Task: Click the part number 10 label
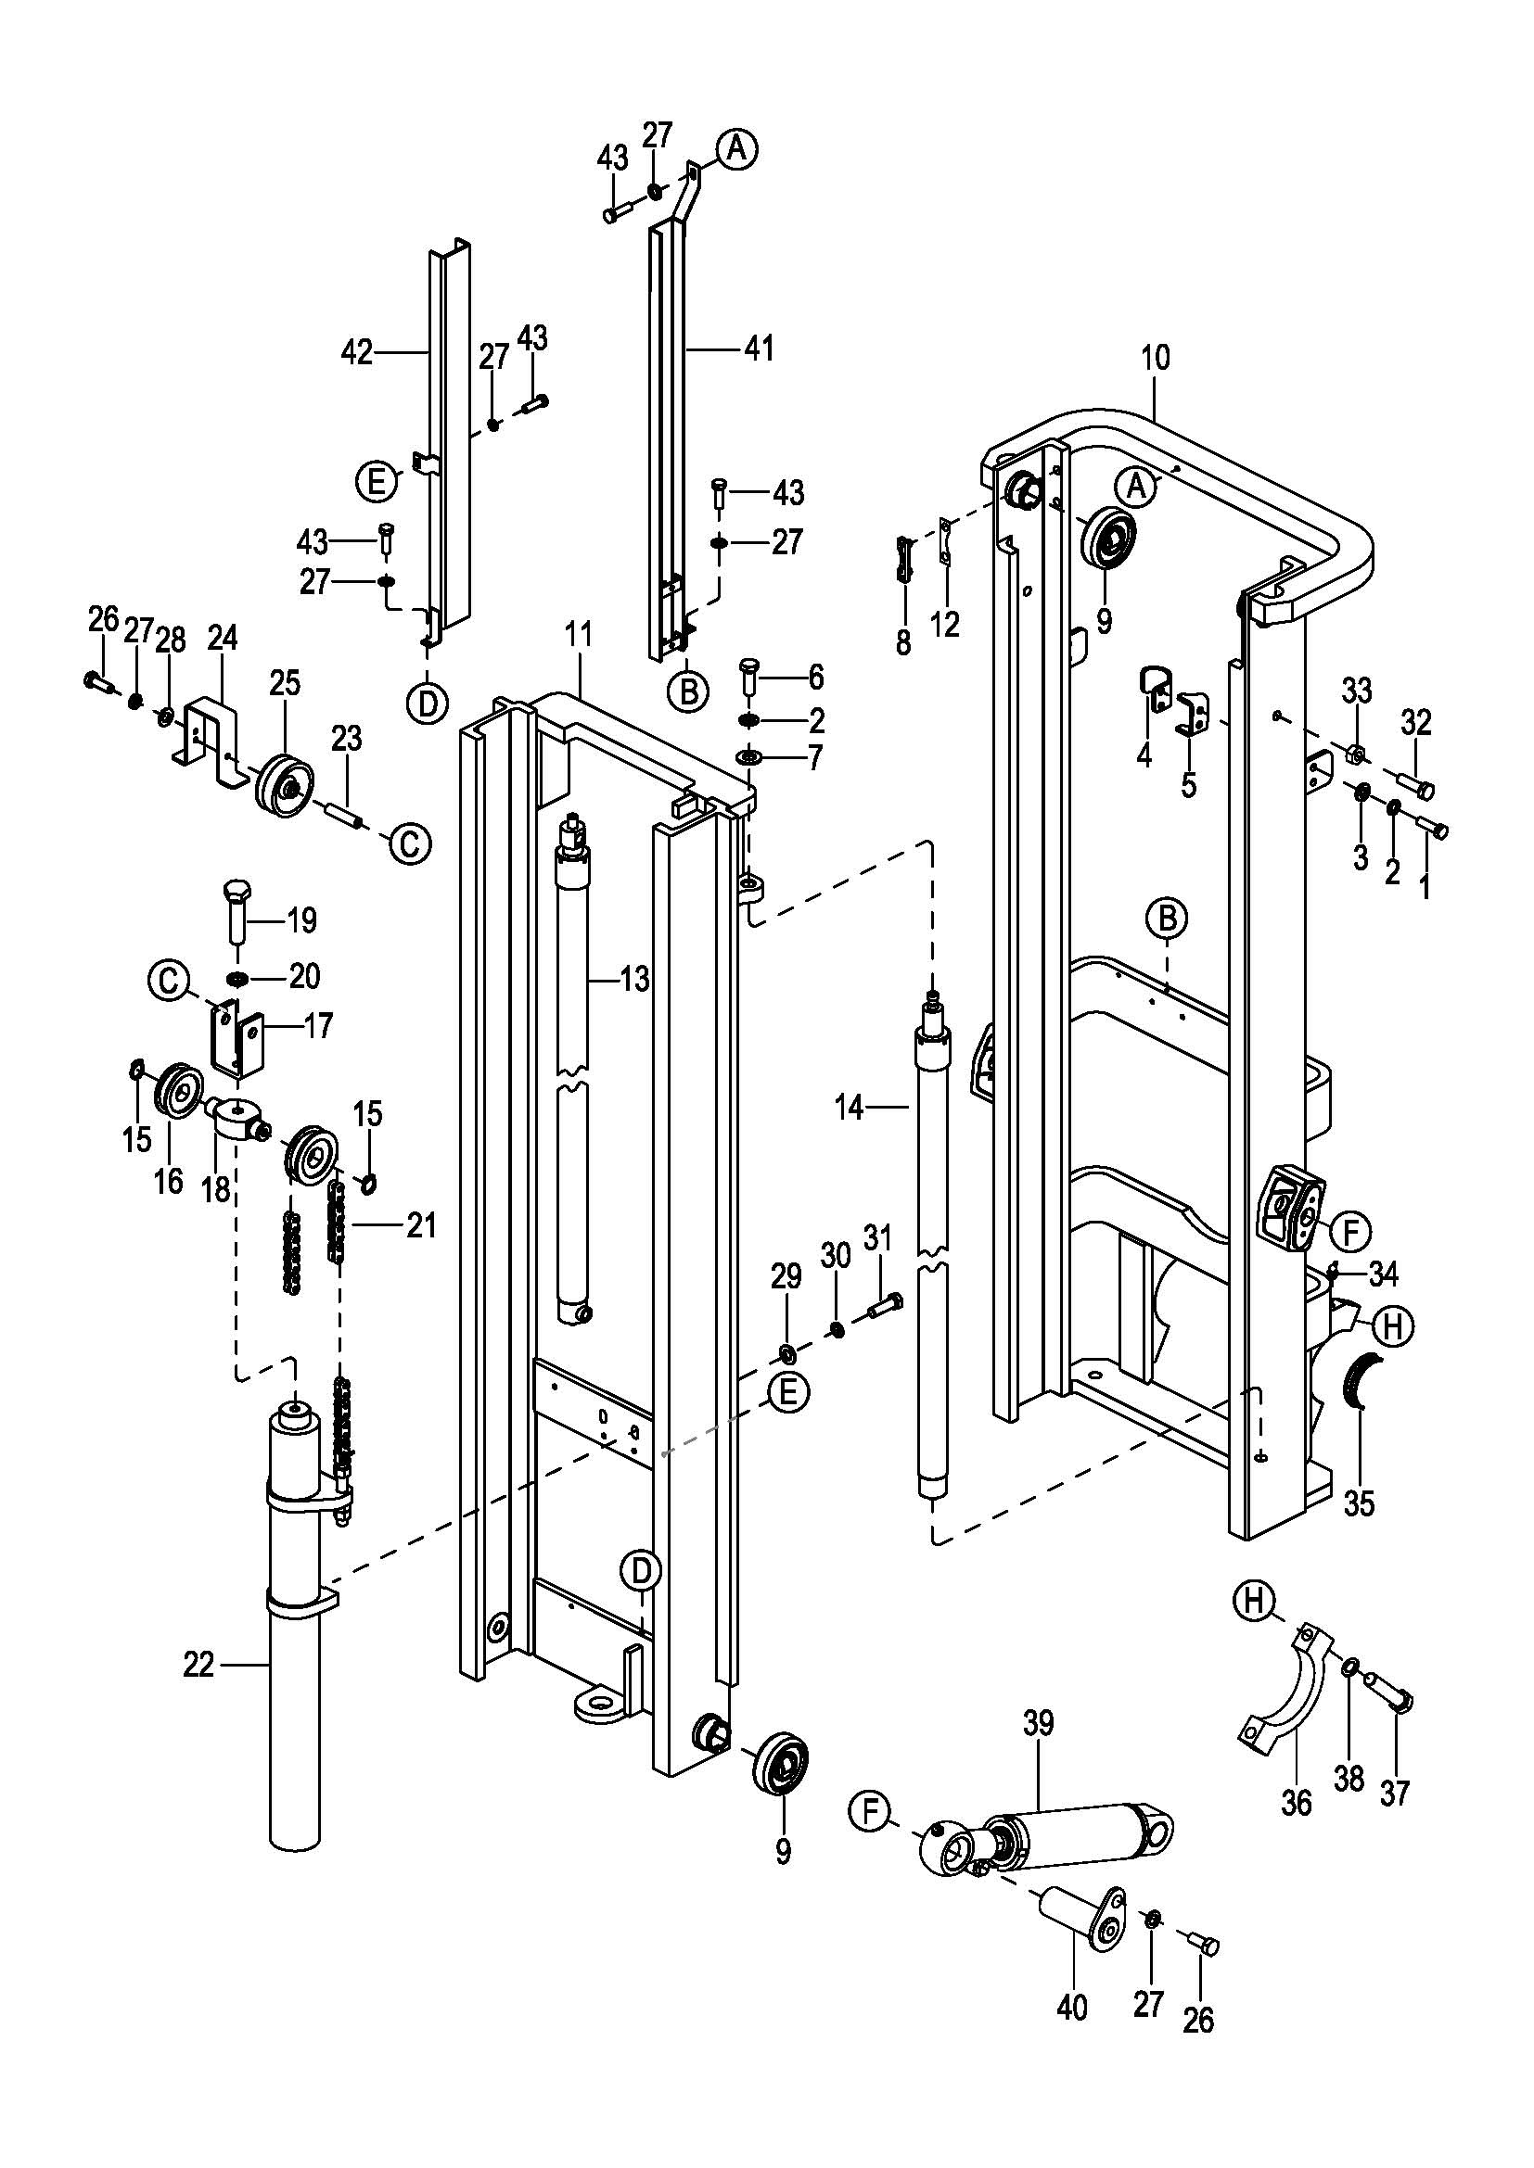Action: (x=1155, y=358)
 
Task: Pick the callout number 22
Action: (x=198, y=1665)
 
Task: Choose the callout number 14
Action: (x=850, y=1108)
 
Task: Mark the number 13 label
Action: (x=633, y=979)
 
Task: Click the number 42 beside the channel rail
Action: (x=356, y=353)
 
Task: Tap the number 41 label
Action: (x=759, y=349)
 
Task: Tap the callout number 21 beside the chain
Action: (x=421, y=1225)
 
